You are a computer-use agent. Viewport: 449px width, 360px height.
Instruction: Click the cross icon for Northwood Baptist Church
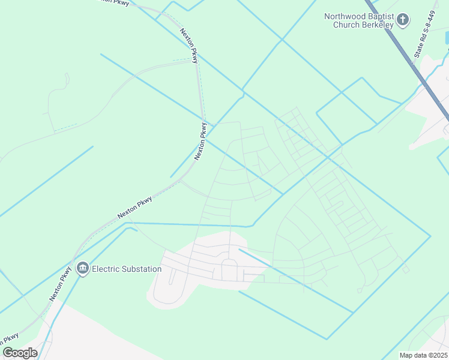[x=403, y=20]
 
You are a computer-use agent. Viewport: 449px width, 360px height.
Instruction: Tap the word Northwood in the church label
[x=344, y=16]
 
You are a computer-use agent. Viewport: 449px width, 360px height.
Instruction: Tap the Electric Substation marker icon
[x=83, y=268]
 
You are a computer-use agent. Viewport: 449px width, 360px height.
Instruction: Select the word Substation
[x=142, y=269]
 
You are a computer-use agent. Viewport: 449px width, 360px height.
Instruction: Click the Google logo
[x=20, y=353]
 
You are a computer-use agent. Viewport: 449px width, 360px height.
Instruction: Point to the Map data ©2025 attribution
[x=423, y=355]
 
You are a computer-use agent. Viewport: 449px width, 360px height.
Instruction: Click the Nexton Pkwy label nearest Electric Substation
[x=61, y=283]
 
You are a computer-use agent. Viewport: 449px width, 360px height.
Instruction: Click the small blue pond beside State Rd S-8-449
[x=447, y=38]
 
